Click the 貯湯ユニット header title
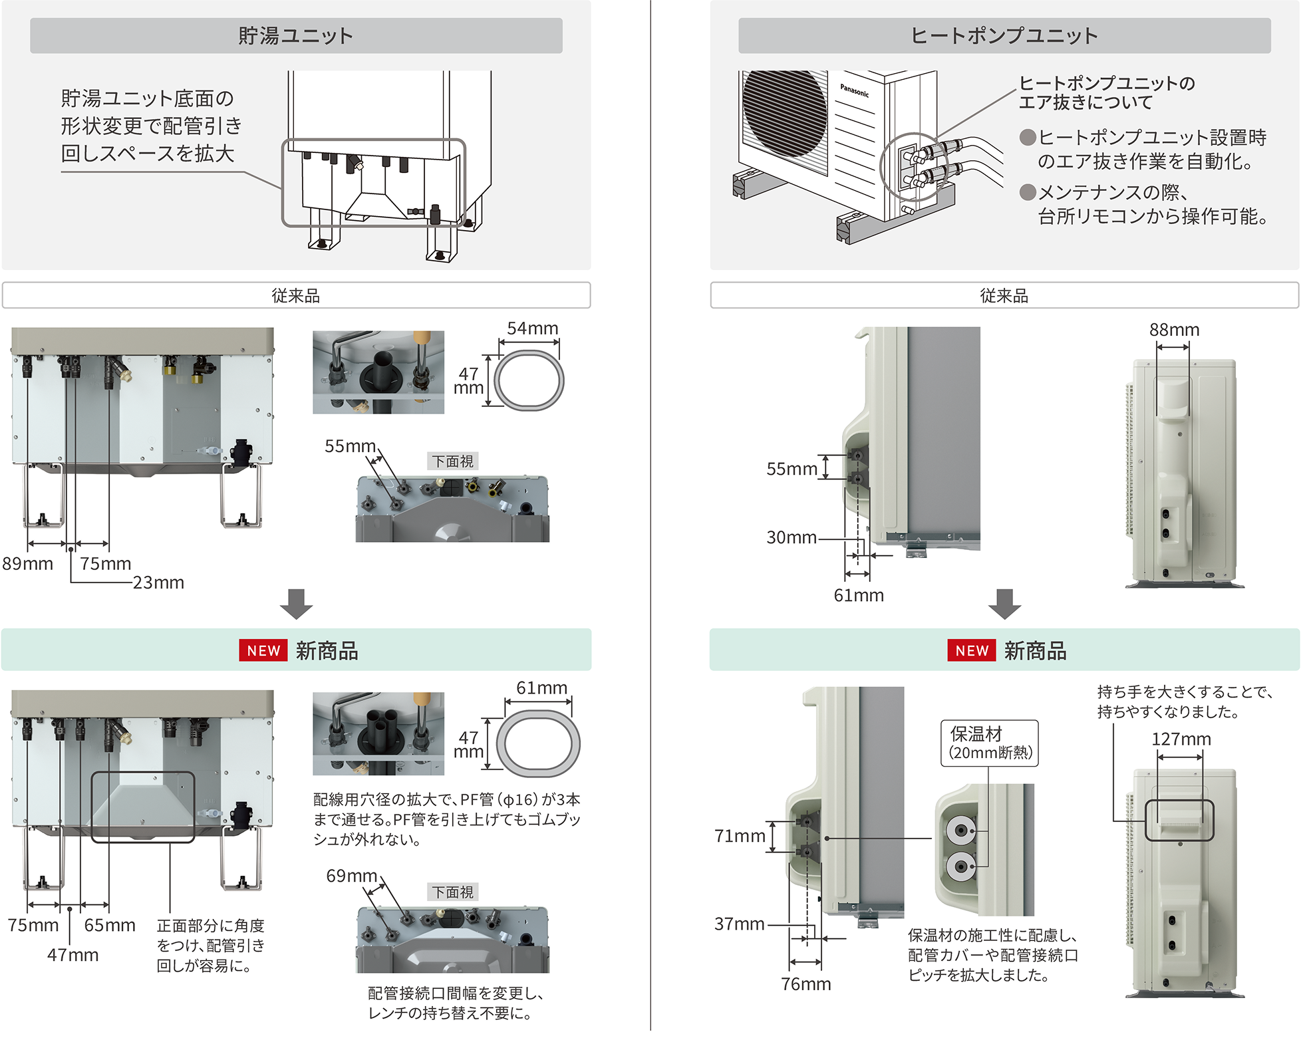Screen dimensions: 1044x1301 pos(295,35)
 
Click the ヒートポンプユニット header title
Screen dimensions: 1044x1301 pos(1004,35)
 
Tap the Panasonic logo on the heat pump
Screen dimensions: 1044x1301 pos(854,90)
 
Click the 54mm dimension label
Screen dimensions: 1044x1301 pos(532,328)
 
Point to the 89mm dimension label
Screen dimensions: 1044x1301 pos(27,564)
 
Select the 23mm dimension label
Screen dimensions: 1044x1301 pos(158,583)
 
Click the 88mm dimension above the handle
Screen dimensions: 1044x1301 pos(1174,330)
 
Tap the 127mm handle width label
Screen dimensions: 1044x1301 pos(1181,739)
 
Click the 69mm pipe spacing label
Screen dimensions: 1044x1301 pos(351,876)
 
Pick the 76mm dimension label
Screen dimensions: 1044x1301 pos(805,984)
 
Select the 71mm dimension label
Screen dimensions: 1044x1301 pos(740,837)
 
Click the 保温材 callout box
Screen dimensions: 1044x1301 pos(989,743)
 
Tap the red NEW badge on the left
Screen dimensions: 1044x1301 pos(263,651)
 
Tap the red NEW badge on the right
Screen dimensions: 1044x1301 pos(972,651)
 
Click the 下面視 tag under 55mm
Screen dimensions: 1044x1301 pos(452,461)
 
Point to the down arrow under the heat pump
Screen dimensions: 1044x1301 pos(1004,603)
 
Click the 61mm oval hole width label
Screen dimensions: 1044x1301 pos(541,688)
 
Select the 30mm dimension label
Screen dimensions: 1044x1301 pos(791,537)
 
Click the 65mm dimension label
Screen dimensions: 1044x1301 pos(110,926)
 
